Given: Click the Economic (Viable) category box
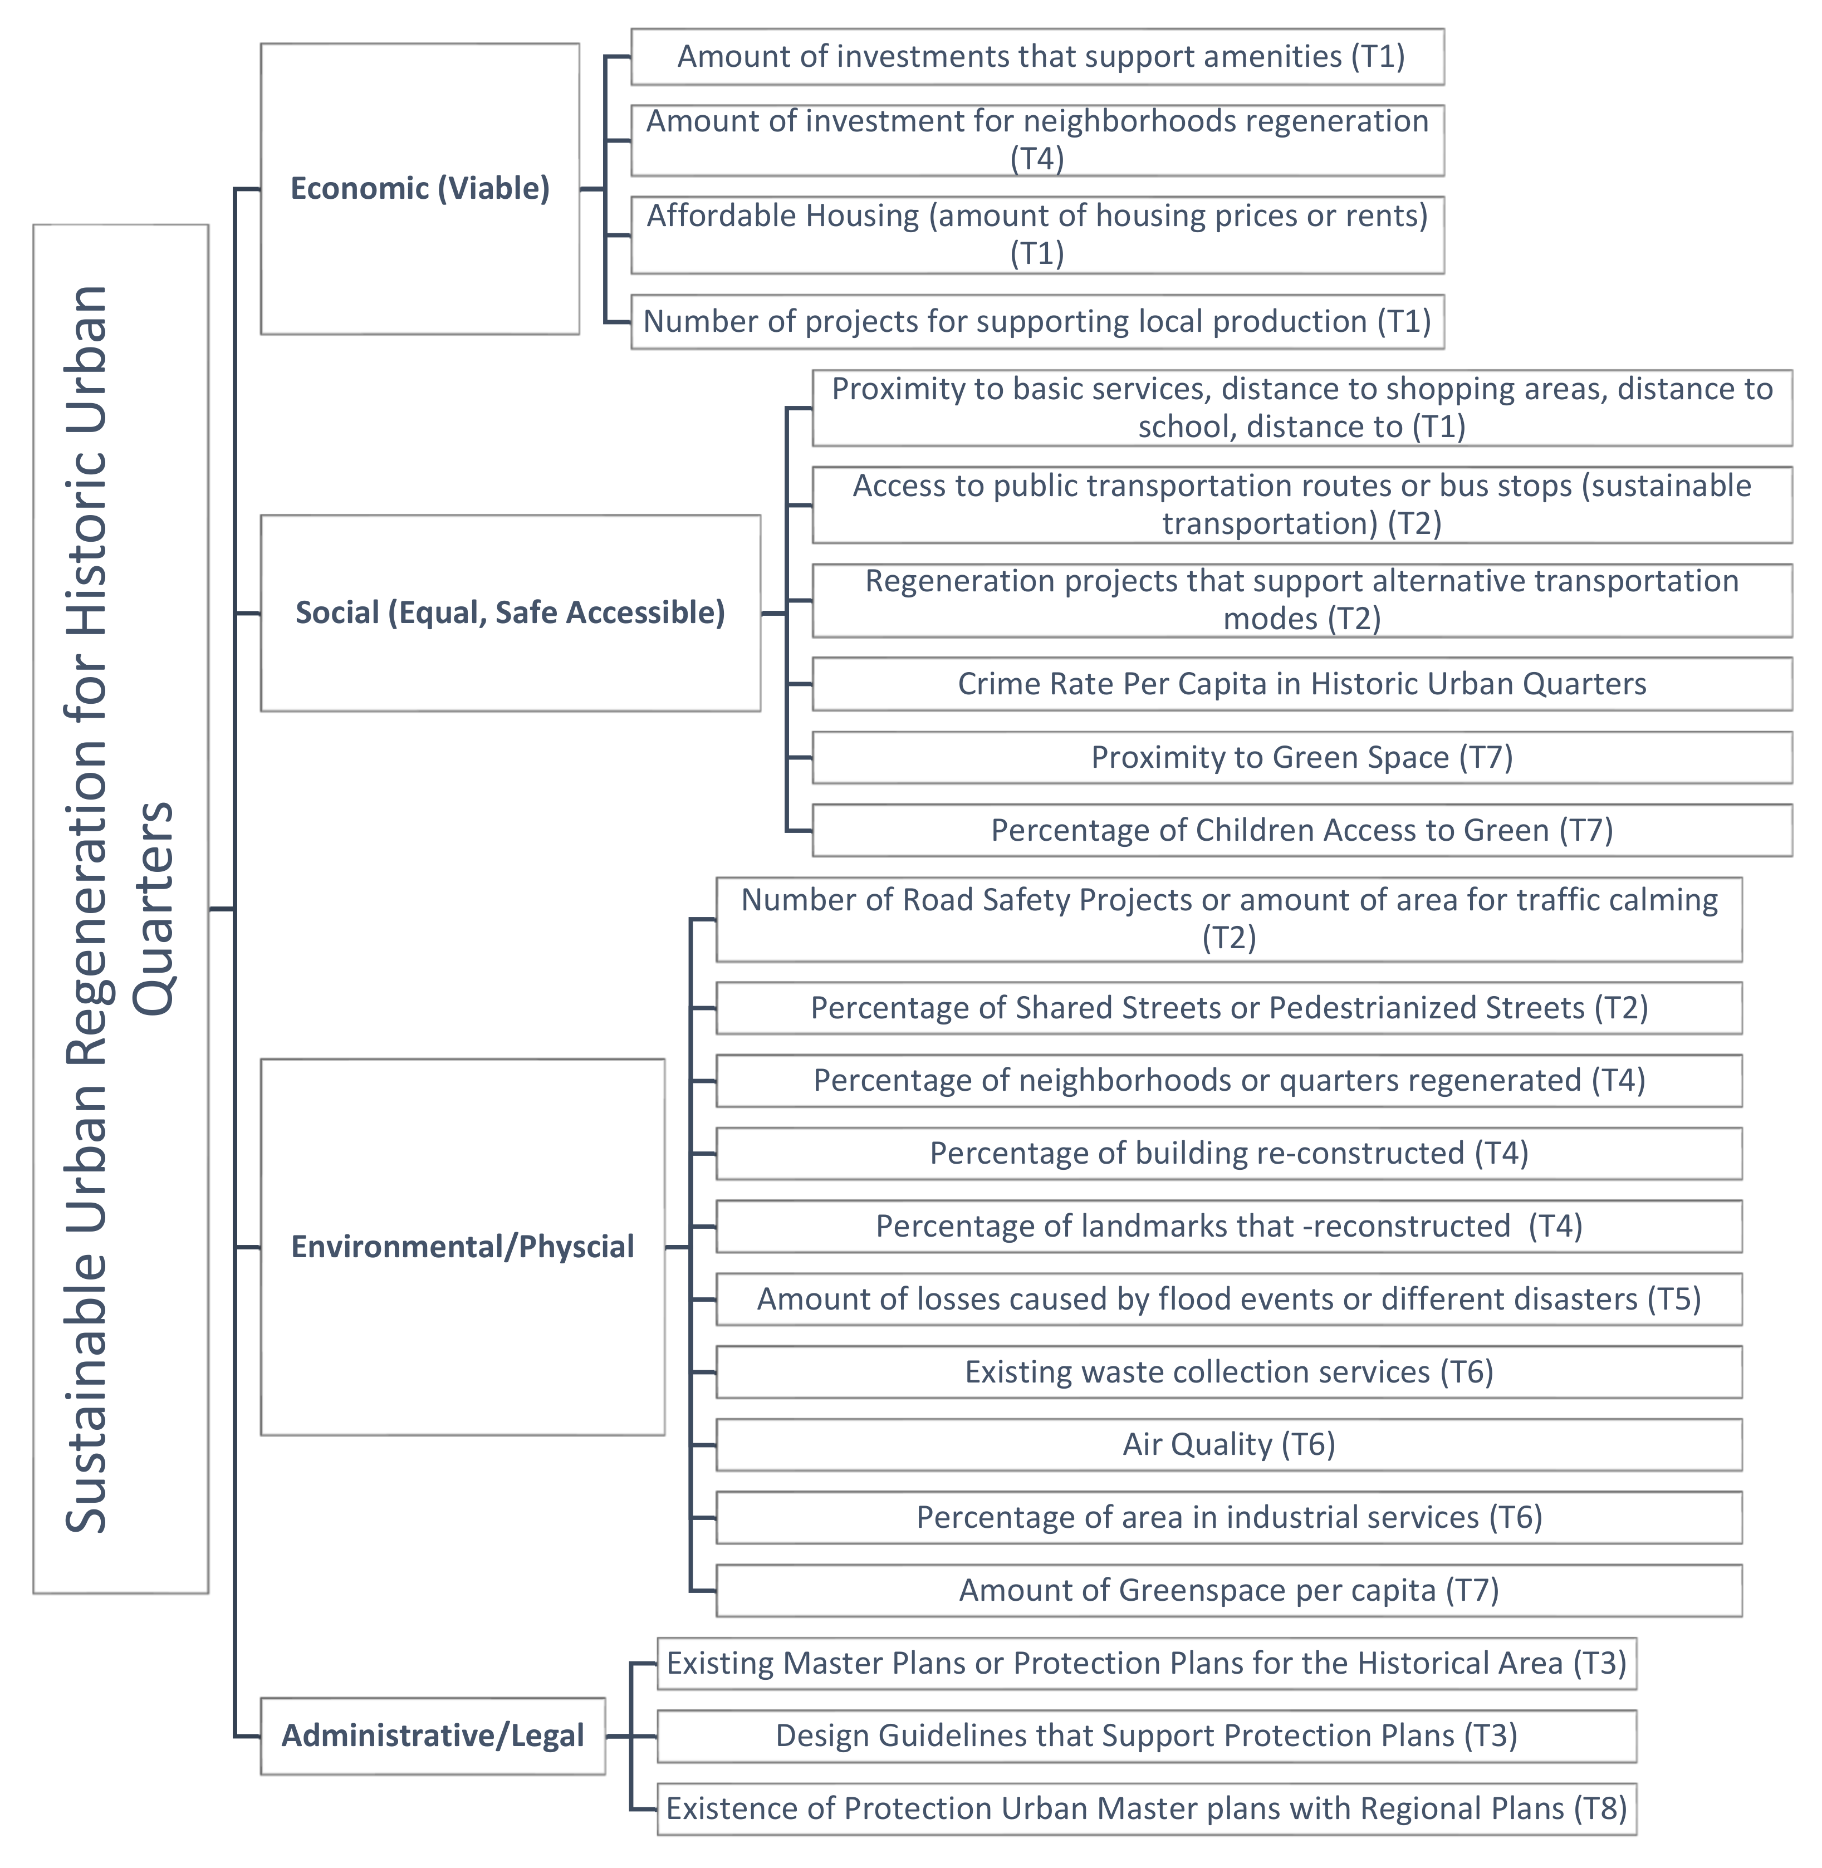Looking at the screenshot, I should point(419,189).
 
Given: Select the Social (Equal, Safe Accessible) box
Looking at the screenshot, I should point(510,612).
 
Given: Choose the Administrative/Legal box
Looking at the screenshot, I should point(433,1735).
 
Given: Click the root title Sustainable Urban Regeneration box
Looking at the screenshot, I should point(121,909).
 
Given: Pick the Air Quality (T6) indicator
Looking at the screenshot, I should point(1229,1444).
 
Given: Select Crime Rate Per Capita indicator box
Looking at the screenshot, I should point(1301,683).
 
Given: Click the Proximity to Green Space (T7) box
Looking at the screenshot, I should point(1301,757).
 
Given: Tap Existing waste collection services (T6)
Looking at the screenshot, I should point(1229,1371).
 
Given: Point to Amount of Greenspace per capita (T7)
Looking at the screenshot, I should point(1229,1590).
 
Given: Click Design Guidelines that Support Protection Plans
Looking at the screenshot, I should point(1147,1735).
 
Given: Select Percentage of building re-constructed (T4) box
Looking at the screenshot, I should point(1229,1153).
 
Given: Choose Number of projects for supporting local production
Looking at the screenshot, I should point(1037,322).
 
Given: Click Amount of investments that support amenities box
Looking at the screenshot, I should point(1037,56).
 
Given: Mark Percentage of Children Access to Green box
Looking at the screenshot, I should point(1301,830).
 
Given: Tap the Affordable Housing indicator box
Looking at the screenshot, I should point(1037,234).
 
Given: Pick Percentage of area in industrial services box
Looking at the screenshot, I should point(1229,1517).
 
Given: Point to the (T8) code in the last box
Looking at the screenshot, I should point(1600,1808).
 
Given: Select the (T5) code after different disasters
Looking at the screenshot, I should point(1674,1298).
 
